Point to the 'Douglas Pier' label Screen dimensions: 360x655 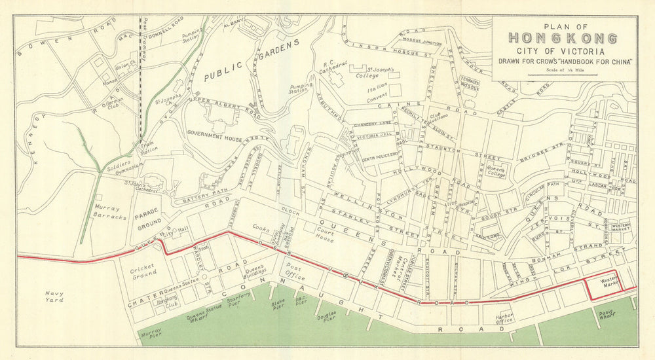[326, 317]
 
